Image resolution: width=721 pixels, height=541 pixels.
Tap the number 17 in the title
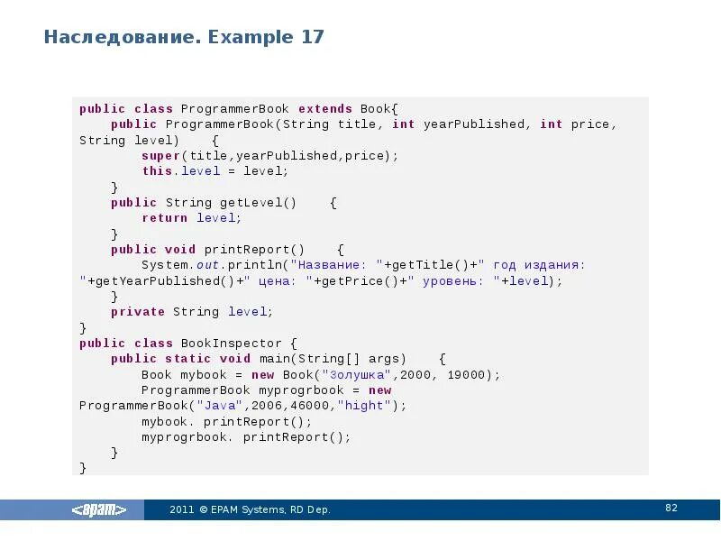[x=313, y=38]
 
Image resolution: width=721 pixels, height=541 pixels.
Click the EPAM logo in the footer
[x=99, y=510]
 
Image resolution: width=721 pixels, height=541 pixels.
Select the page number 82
[x=671, y=509]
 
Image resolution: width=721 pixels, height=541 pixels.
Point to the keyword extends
[x=324, y=108]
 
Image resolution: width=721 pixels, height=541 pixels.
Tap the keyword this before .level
[x=157, y=170]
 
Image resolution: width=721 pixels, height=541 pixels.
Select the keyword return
[x=165, y=217]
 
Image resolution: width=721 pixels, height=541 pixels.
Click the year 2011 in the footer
[x=181, y=510]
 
